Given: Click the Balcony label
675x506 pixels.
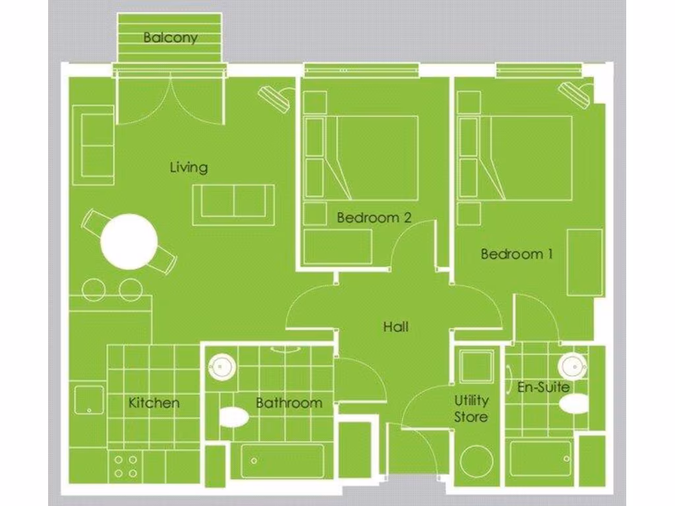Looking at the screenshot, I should tap(170, 38).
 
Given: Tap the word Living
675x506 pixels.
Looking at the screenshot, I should tap(189, 167).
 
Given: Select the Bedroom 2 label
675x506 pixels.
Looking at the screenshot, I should tap(374, 217).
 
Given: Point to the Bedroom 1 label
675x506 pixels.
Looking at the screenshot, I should tap(516, 254).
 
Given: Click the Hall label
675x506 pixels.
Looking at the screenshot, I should tap(396, 326).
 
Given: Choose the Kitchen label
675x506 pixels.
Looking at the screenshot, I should tap(154, 402).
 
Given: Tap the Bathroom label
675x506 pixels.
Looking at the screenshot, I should tap(289, 402).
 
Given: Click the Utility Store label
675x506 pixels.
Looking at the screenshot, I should tap(471, 408).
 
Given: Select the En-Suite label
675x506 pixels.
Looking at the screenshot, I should tap(543, 387).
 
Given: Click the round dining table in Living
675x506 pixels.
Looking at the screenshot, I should tap(129, 241).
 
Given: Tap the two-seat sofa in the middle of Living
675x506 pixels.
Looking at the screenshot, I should tap(233, 204).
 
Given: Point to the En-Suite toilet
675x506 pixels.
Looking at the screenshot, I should tap(574, 403).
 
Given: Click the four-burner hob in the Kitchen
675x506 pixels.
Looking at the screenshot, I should tap(125, 466).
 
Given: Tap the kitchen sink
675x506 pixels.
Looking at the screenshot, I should tap(89, 400).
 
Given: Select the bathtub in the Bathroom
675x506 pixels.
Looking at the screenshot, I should tap(282, 461).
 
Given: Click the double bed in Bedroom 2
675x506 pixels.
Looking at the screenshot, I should tap(373, 157).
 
